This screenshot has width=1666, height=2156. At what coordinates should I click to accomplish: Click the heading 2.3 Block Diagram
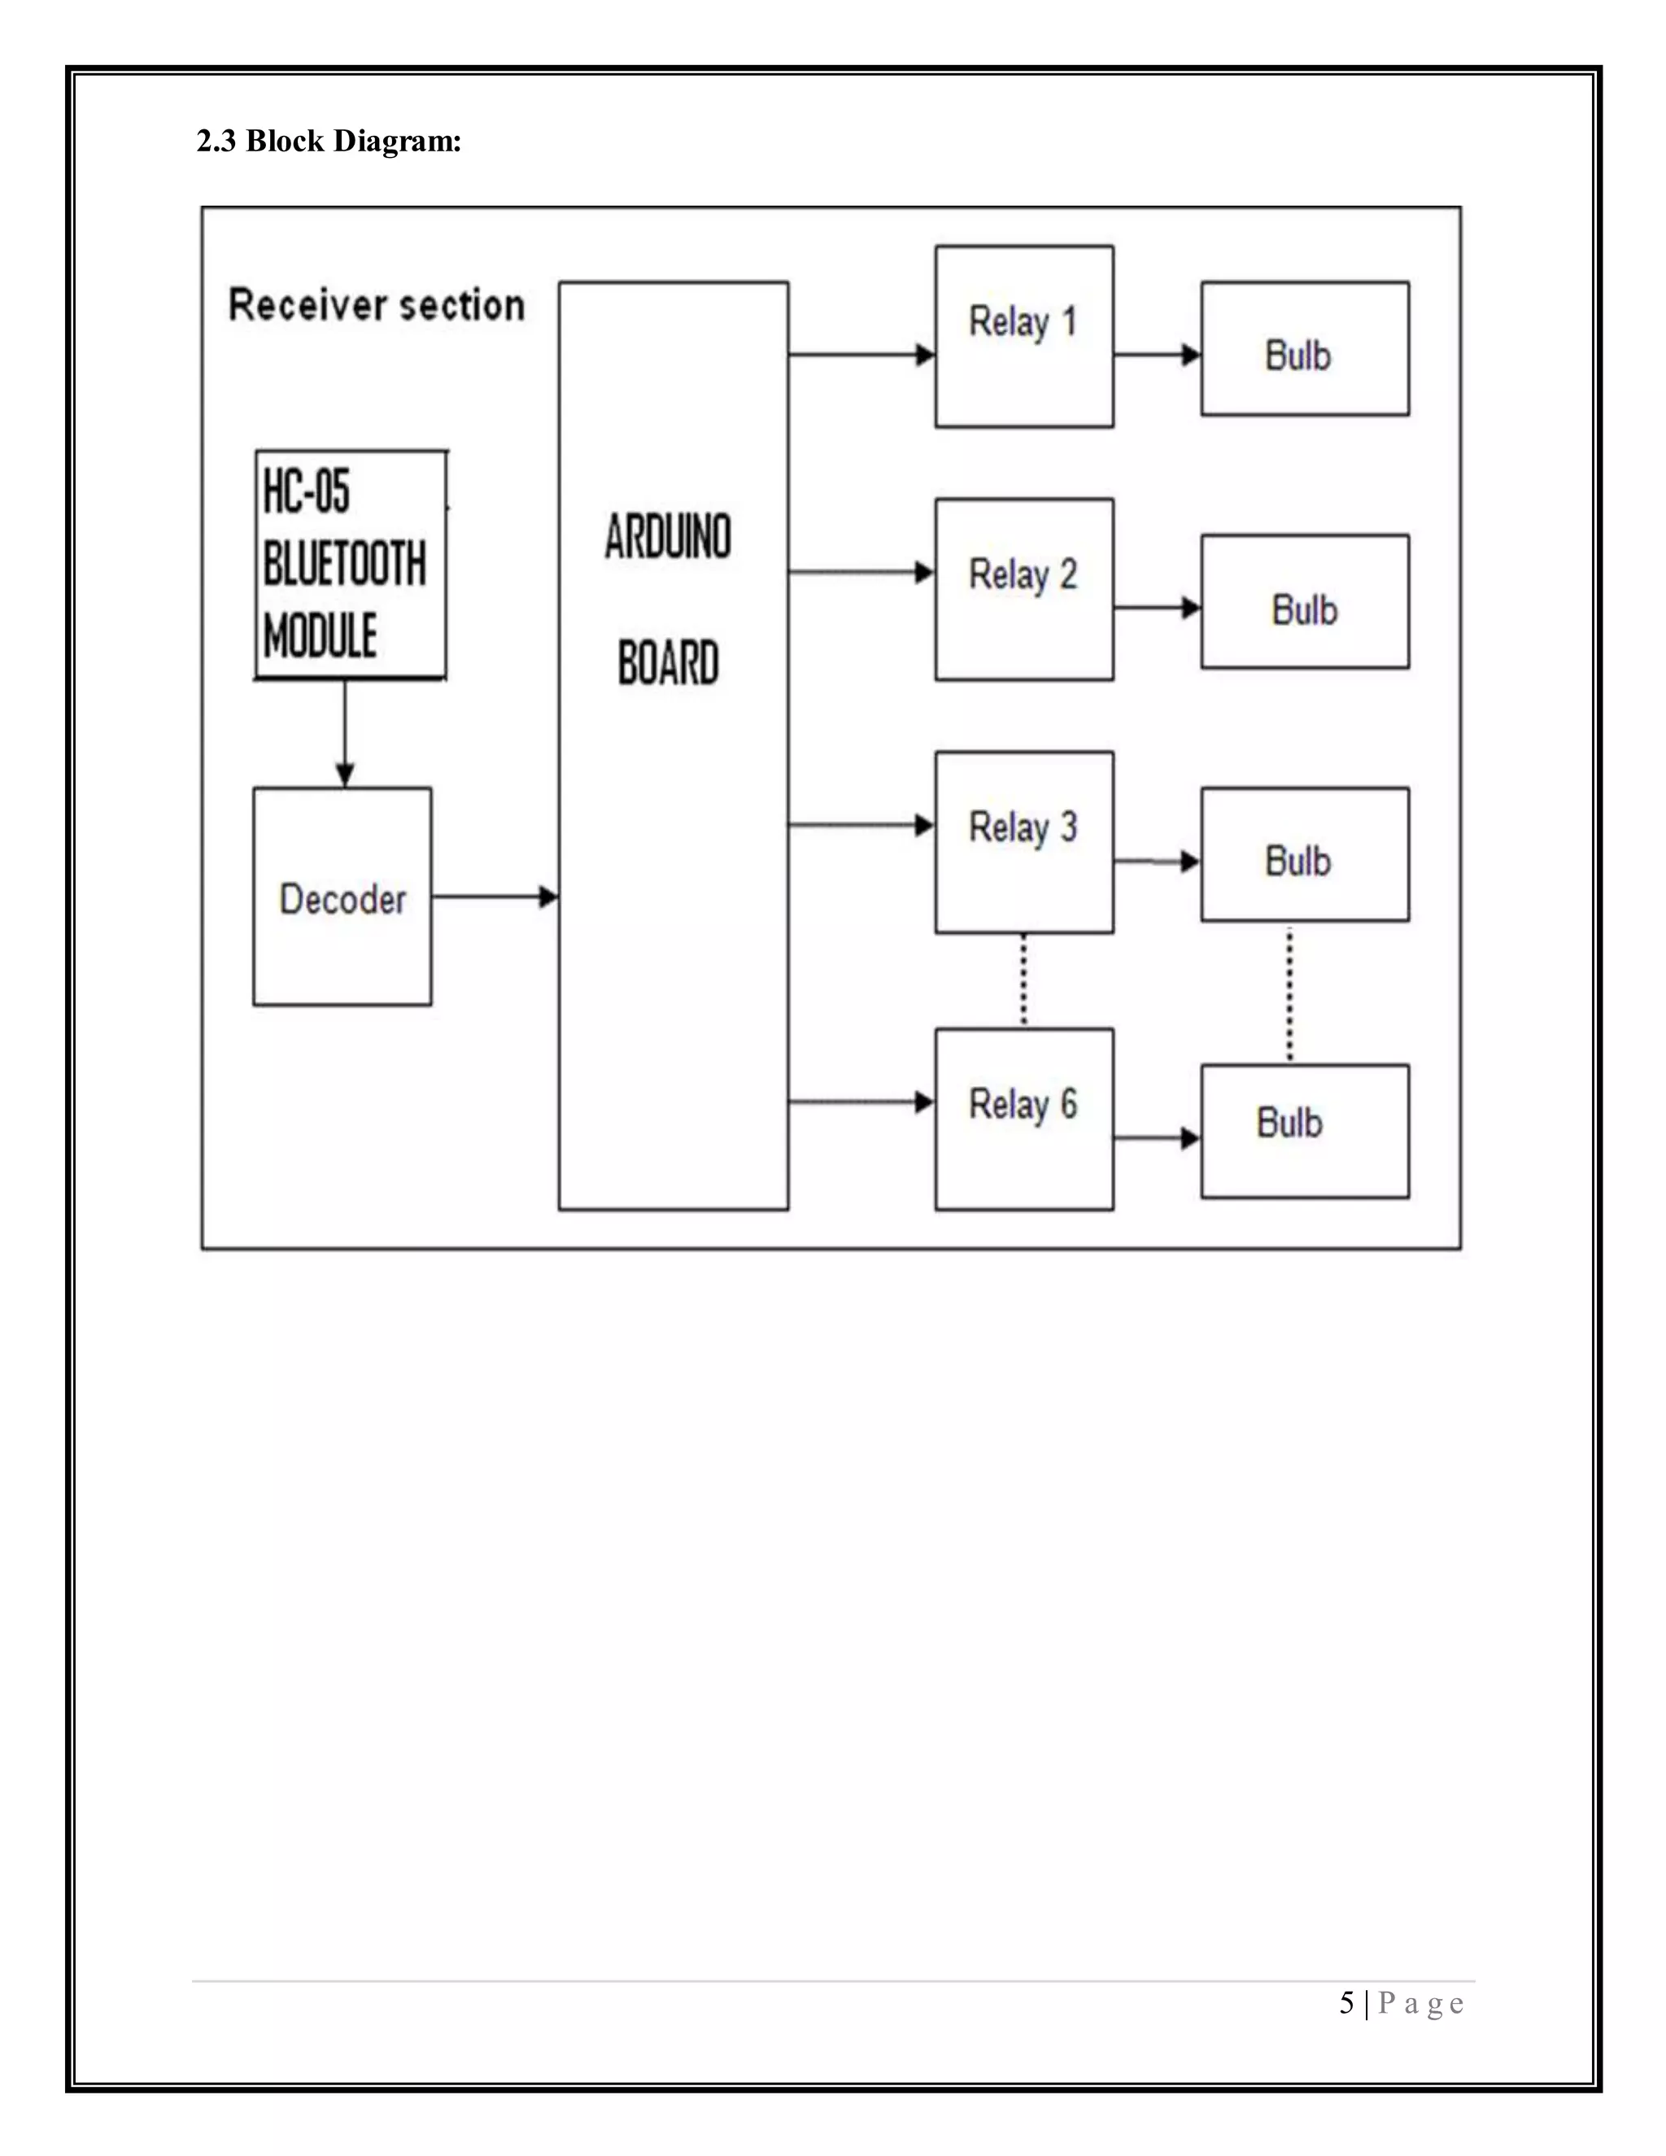329,142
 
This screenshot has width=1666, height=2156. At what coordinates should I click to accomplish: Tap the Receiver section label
376,305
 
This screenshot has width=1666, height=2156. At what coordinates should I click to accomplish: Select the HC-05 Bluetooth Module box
351,565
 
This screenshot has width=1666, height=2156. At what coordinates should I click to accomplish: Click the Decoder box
342,897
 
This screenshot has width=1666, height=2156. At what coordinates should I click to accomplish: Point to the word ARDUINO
668,537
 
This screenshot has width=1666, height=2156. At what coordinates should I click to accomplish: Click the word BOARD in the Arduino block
668,662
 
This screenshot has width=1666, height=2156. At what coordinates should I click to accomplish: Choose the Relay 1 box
1024,337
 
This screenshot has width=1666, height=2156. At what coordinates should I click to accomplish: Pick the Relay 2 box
1024,589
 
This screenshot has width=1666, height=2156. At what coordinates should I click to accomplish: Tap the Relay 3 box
1024,842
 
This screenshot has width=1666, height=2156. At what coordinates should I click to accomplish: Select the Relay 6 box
1024,1119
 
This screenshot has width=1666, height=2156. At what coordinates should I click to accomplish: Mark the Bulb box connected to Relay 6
1305,1132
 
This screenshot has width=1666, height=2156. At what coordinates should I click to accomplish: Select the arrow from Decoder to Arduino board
495,897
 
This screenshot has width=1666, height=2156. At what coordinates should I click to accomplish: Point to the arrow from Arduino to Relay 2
861,572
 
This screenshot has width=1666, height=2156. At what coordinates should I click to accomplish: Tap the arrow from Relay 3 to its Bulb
1157,862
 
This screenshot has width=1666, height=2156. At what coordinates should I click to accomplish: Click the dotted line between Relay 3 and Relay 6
1023,980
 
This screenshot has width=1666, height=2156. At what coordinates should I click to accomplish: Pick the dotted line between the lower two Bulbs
1289,993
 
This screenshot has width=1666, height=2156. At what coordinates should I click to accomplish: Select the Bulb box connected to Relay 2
1305,602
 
